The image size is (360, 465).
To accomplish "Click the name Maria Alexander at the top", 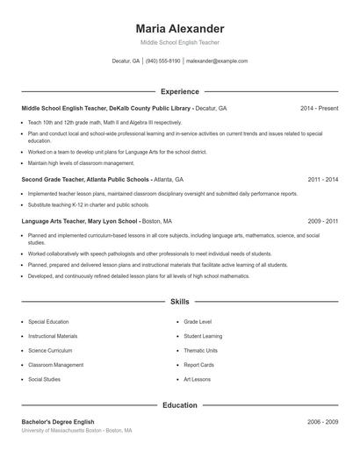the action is coord(179,28).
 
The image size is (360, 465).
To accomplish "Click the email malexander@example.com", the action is coord(216,61).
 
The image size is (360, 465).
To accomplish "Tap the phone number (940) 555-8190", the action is coord(162,61).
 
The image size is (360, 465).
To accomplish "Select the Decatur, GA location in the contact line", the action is coord(126,61).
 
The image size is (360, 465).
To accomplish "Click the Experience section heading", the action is coord(180,91).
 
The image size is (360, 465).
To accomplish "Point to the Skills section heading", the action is coord(180,301).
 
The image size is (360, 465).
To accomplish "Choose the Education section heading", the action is coord(180,405).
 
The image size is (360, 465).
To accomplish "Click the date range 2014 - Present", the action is coord(319,108).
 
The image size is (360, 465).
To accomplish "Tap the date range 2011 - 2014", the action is coord(323,179).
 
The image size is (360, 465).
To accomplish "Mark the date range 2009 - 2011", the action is coord(323,222).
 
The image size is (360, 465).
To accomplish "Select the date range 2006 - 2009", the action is coord(323,422).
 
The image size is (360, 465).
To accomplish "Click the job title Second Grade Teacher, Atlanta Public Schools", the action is coord(85,179).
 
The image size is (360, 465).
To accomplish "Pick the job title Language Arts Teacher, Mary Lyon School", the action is coord(80,222).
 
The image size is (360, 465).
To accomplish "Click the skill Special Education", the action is coord(48,322).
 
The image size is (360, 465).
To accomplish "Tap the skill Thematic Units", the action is coord(200,350).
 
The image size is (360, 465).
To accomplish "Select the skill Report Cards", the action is coord(198,364).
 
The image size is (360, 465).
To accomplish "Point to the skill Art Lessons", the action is coord(198,379).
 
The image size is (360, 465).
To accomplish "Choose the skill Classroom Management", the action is coord(55,364).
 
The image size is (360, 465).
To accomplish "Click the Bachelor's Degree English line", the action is coord(59,422).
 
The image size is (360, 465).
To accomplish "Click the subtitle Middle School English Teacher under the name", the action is coord(179,42).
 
